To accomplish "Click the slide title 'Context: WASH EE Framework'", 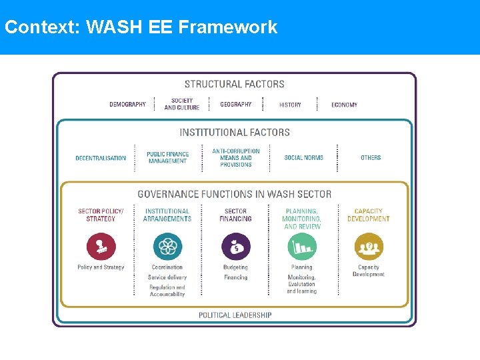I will [141, 27].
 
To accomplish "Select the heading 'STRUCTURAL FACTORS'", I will [234, 84].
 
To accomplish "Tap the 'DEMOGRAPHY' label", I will [127, 105].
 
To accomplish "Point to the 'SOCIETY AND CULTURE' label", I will [181, 104].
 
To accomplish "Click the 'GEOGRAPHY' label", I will [236, 105].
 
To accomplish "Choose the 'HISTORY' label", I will [290, 105].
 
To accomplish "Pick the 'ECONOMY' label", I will [344, 105].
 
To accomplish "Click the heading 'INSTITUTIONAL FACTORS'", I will [235, 132].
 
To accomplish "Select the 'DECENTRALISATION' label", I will [101, 158].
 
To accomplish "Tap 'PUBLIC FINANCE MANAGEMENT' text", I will [167, 157].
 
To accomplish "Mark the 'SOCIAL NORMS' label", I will [303, 158].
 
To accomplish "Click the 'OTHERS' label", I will [371, 158].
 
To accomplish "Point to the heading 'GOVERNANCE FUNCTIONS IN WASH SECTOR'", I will [234, 194].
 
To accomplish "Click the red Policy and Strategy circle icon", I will [101, 247].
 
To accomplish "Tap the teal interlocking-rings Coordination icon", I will [167, 247].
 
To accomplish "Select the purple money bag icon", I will [235, 247].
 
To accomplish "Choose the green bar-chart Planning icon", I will [302, 247].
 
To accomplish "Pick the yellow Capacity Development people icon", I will [369, 247].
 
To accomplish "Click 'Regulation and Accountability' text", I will [167, 291].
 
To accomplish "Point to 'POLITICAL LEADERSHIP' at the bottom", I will [235, 315].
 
